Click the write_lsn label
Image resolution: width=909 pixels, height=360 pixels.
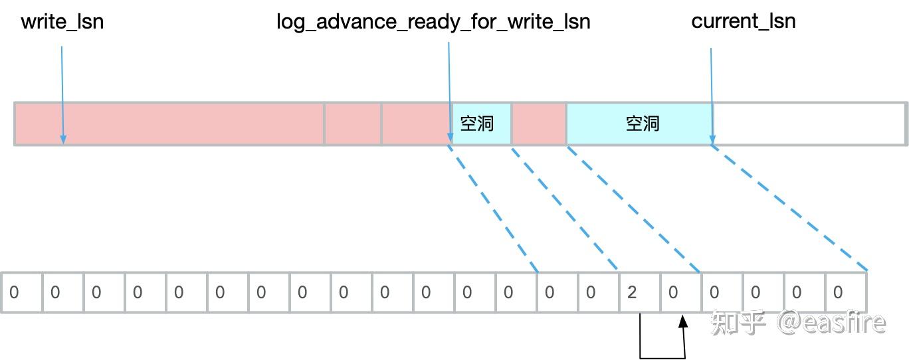pyautogui.click(x=62, y=22)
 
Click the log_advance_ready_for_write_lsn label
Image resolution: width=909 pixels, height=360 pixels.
pyautogui.click(x=433, y=22)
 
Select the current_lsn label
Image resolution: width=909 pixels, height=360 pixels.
pyautogui.click(x=743, y=21)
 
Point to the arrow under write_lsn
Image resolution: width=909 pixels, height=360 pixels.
pyautogui.click(x=62, y=93)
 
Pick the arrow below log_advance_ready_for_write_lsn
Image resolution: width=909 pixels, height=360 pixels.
pyautogui.click(x=450, y=93)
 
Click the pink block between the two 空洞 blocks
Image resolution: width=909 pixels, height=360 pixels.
pyautogui.click(x=539, y=124)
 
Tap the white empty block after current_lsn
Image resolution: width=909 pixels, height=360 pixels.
pyautogui.click(x=809, y=124)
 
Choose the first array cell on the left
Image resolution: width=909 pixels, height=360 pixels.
pyautogui.click(x=22, y=292)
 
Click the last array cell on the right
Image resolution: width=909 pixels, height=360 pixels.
pyautogui.click(x=846, y=292)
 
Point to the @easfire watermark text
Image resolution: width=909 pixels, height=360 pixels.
pyautogui.click(x=831, y=323)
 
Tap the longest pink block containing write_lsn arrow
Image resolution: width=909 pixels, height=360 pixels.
pyautogui.click(x=169, y=124)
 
